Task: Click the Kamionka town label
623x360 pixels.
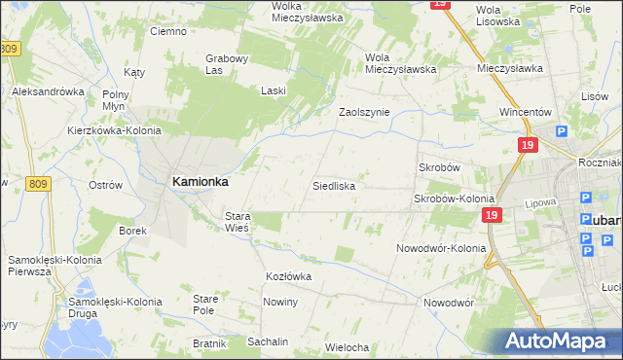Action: click(201, 181)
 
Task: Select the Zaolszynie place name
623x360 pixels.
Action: click(364, 112)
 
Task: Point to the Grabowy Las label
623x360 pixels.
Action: click(228, 63)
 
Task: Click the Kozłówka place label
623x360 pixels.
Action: click(288, 276)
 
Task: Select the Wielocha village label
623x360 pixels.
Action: click(348, 347)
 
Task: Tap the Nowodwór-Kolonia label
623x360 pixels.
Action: click(441, 248)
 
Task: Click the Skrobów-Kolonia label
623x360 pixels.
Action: click(454, 198)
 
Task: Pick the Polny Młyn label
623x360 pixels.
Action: click(122, 100)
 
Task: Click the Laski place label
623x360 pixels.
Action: click(273, 90)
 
